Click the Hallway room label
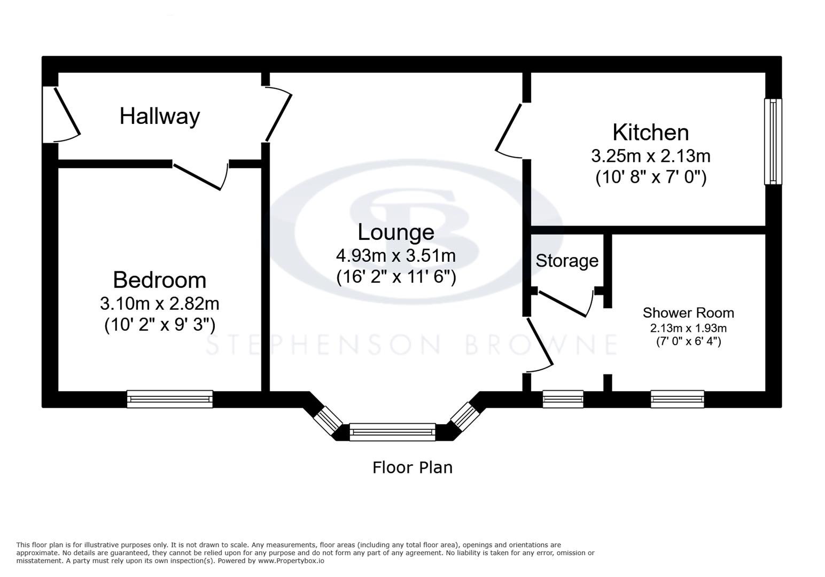tap(159, 116)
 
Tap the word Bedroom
tap(159, 280)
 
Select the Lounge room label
tap(395, 232)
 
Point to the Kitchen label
tap(650, 132)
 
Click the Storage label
tap(567, 261)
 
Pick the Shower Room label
tap(688, 313)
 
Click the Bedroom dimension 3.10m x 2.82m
tap(159, 303)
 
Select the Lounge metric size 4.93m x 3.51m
tap(395, 255)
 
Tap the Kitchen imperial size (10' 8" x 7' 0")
tap(650, 177)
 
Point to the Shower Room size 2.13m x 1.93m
tap(688, 328)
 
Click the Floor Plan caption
tap(412, 467)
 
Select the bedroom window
tap(169, 399)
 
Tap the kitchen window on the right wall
tap(773, 142)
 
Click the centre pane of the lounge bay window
tap(392, 432)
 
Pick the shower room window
tap(677, 399)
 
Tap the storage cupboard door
tap(564, 303)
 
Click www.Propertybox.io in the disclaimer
tap(291, 561)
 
